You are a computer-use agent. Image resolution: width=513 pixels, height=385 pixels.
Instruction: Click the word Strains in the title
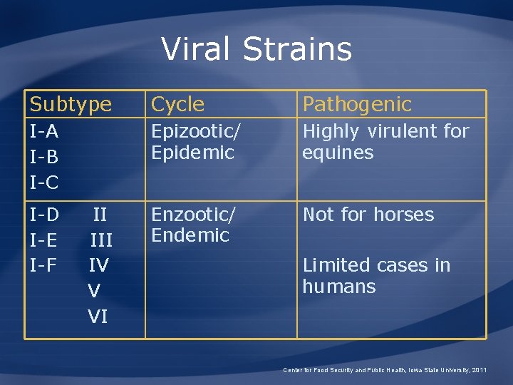(297, 49)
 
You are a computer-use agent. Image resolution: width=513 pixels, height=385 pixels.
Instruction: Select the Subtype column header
(71, 105)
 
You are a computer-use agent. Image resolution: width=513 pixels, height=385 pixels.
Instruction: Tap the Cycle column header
(177, 105)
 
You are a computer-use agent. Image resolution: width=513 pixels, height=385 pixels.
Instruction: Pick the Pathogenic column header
(357, 105)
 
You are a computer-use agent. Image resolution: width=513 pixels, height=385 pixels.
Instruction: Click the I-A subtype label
(44, 132)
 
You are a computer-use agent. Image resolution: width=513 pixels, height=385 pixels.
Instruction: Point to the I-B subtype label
(44, 157)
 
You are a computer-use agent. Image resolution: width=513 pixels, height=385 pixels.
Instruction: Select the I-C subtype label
(44, 183)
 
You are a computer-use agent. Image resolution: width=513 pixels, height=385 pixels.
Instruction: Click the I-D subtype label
(44, 215)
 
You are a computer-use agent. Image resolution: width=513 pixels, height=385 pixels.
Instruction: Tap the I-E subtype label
(44, 240)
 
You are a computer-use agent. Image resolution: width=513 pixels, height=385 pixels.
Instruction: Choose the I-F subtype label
(44, 265)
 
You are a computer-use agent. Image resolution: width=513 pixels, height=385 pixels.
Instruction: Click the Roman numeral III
(100, 240)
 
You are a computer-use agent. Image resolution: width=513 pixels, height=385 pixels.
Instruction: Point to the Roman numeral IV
(98, 265)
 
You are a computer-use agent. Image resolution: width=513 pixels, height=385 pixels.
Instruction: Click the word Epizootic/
(196, 132)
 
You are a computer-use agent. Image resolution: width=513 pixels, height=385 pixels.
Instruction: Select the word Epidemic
(192, 153)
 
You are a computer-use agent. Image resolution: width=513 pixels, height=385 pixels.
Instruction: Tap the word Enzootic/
(193, 215)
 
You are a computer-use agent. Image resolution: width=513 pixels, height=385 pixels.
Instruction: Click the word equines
(338, 153)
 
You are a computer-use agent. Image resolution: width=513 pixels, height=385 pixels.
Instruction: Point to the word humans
(338, 287)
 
